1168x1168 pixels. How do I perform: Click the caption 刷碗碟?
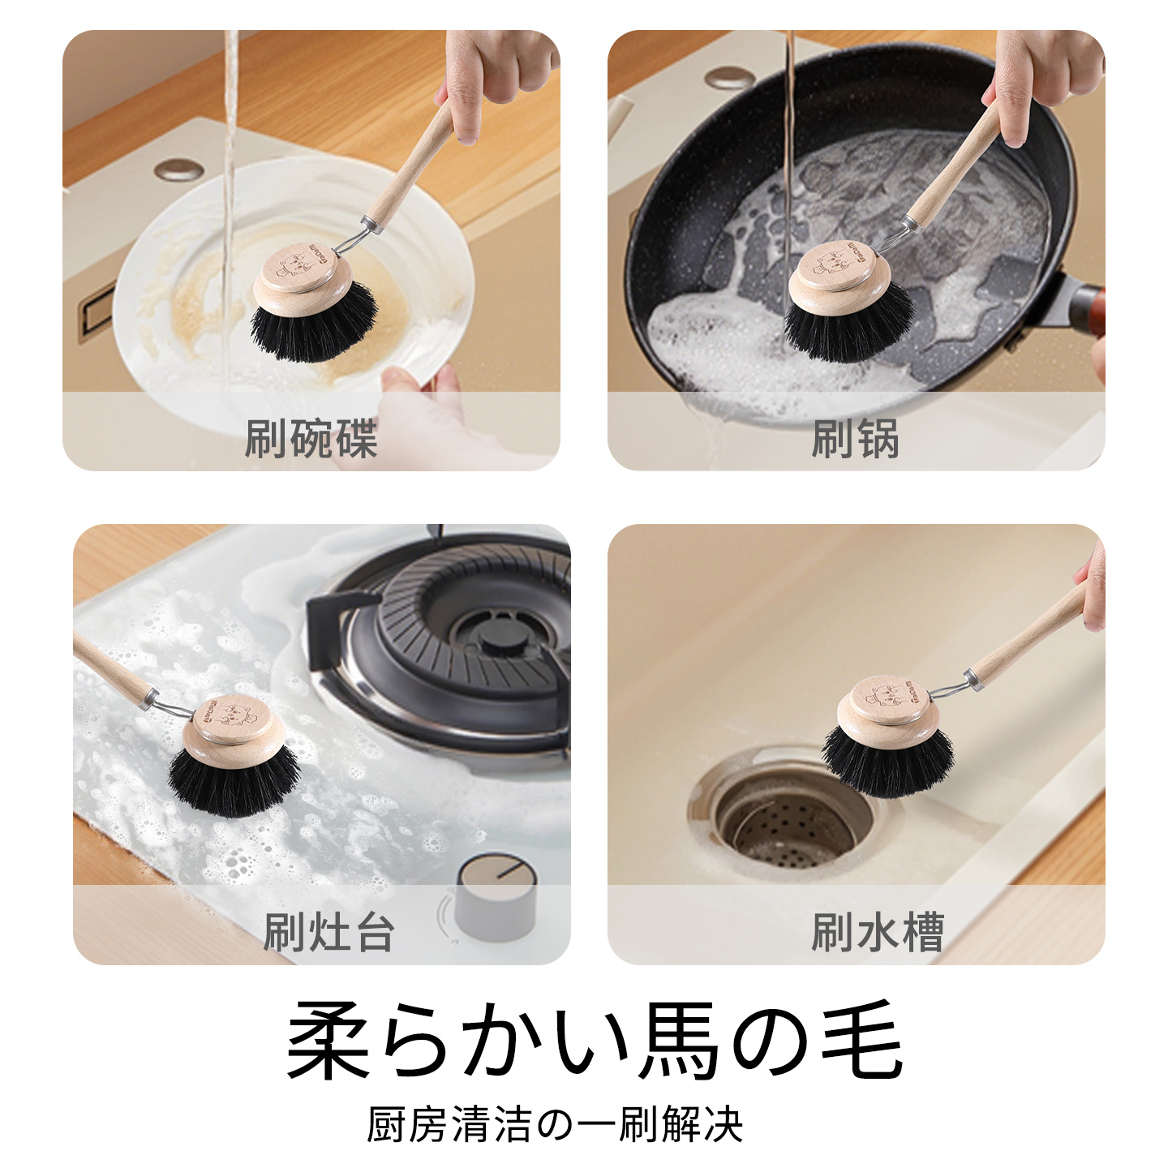pyautogui.click(x=311, y=438)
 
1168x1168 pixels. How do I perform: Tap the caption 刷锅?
pyautogui.click(x=855, y=438)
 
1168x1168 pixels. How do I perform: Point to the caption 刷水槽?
pyautogui.click(x=878, y=932)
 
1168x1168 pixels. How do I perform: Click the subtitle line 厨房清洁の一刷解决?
pyautogui.click(x=555, y=1124)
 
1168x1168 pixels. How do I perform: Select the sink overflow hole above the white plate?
pyautogui.click(x=177, y=170)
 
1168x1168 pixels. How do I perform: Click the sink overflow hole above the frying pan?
pyautogui.click(x=728, y=77)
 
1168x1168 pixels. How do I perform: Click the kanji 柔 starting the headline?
pyautogui.click(x=328, y=1040)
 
